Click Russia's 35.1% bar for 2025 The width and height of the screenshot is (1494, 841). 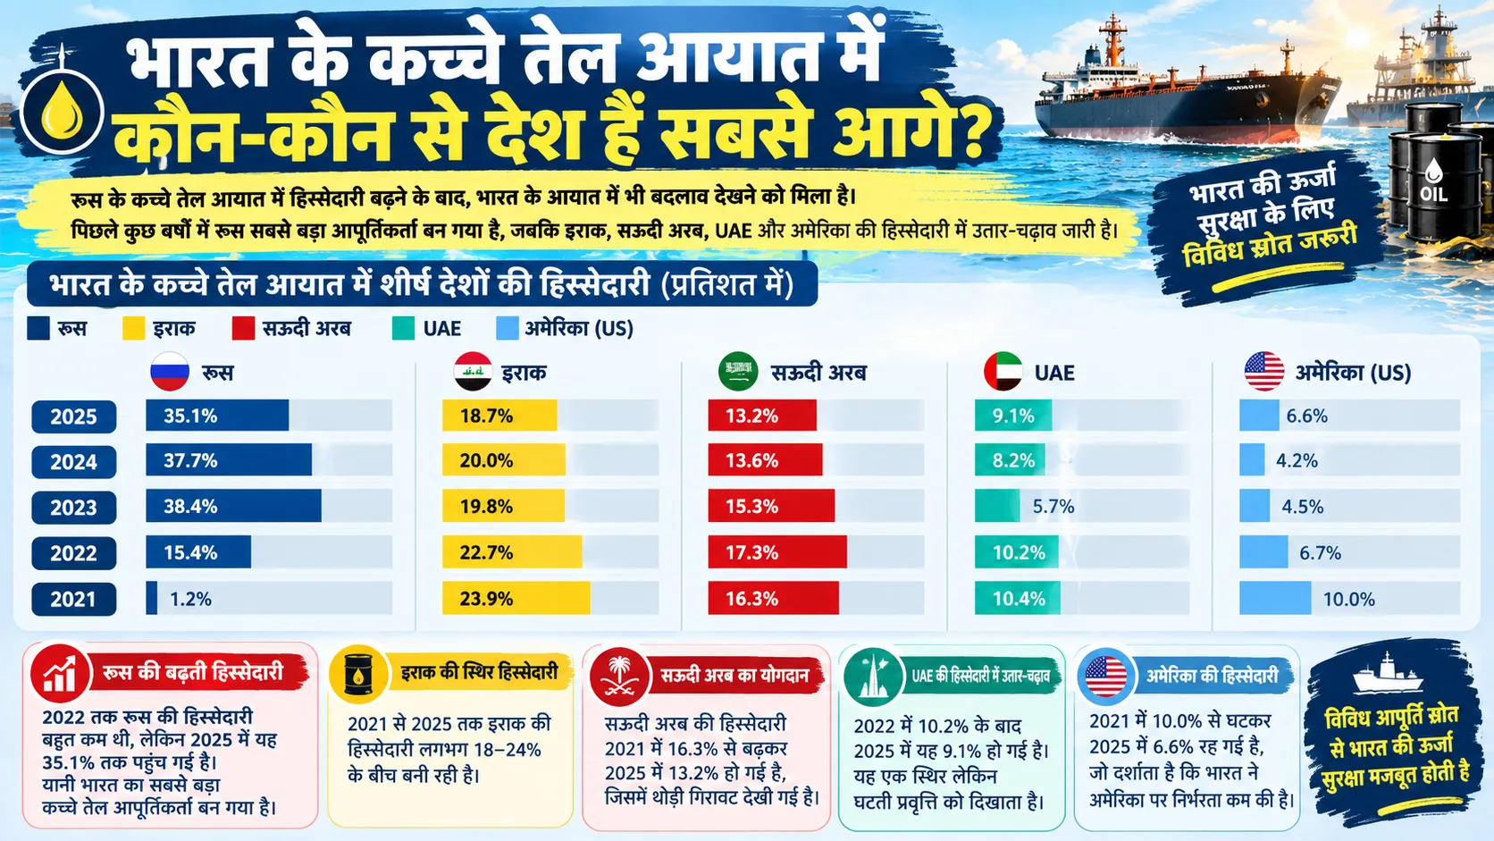click(x=217, y=416)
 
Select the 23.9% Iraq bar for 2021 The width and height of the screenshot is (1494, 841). click(x=516, y=598)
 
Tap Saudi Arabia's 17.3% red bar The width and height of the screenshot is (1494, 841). click(x=777, y=552)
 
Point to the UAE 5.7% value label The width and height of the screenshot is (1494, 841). click(x=1053, y=507)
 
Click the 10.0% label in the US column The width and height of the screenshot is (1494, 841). click(x=1348, y=599)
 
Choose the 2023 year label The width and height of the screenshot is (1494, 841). click(x=74, y=508)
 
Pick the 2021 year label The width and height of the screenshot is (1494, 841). click(x=74, y=599)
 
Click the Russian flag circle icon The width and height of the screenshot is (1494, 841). click(x=170, y=372)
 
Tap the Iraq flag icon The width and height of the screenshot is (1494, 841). click(x=473, y=372)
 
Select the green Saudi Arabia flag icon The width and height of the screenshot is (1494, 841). click(x=738, y=372)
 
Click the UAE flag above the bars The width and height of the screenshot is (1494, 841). click(x=1003, y=372)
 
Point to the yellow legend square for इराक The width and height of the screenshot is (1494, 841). click(x=133, y=329)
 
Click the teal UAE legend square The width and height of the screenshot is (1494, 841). click(x=404, y=329)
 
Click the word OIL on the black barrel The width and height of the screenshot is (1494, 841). click(x=1433, y=194)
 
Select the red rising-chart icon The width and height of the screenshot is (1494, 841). click(x=60, y=674)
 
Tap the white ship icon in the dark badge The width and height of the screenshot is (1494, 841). click(x=1388, y=674)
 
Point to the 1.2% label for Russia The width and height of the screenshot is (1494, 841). click(x=190, y=599)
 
